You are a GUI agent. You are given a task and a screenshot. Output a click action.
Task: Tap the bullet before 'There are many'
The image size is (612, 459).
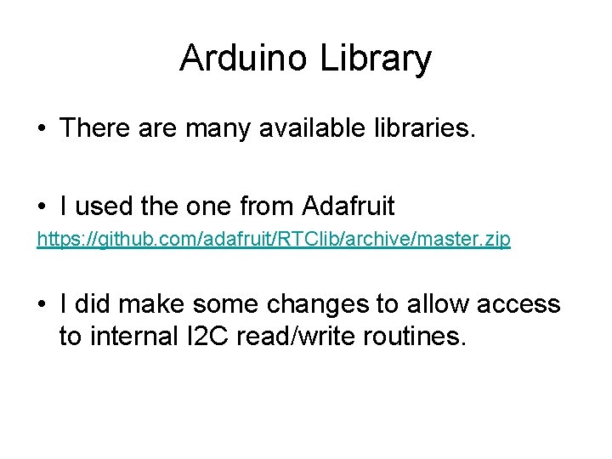(x=42, y=129)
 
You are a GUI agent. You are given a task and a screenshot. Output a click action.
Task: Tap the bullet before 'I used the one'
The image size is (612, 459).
(x=42, y=207)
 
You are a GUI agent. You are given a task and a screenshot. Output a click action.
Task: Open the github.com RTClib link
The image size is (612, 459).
(x=273, y=240)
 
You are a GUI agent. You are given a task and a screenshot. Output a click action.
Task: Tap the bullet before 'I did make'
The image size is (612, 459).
(x=42, y=304)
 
